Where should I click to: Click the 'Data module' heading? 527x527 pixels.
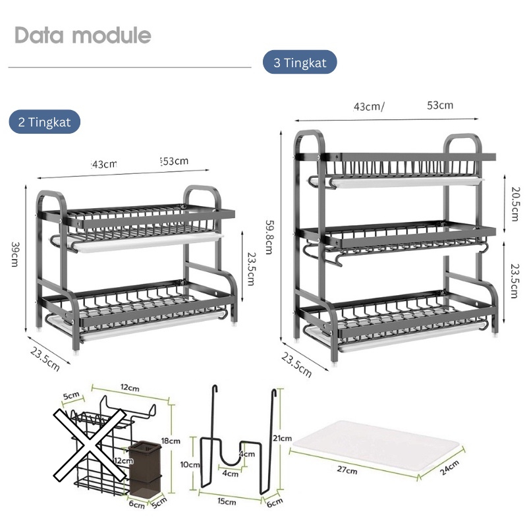pos(83,35)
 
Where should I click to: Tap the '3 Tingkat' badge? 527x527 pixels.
pos(300,62)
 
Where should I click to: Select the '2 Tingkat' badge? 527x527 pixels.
pos(44,122)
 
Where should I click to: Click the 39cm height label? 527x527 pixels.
pos(14,254)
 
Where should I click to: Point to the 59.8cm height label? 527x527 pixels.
pos(269,237)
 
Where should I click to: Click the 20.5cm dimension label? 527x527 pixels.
pos(515,204)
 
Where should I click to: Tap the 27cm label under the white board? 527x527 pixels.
pos(347,470)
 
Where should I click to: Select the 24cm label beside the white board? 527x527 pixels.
pos(449,468)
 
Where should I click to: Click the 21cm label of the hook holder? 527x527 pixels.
pos(282,438)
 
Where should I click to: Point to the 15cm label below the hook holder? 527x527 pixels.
pos(227,501)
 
